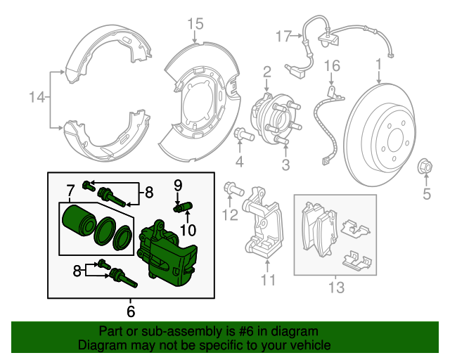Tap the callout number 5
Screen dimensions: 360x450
[x=425, y=193]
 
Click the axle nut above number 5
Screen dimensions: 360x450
[x=425, y=167]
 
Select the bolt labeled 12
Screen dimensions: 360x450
[x=233, y=188]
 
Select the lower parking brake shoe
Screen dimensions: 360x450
[x=102, y=131]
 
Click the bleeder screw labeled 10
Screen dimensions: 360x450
[x=186, y=207]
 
